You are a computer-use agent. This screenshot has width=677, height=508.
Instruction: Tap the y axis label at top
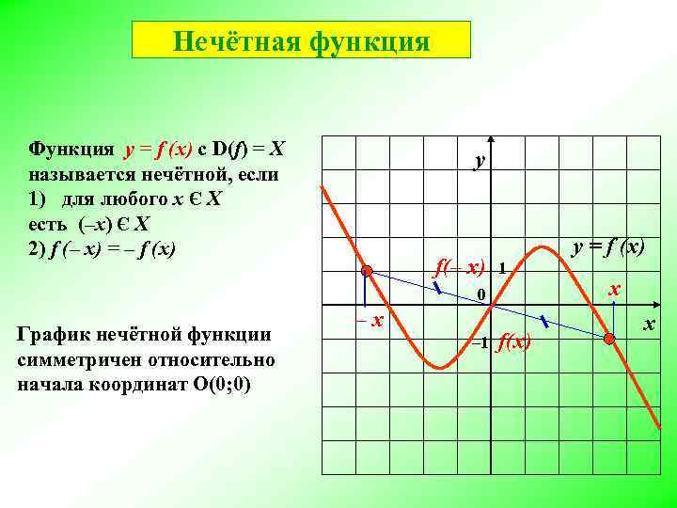pyautogui.click(x=480, y=161)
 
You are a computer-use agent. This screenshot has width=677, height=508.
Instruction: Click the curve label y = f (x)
pyautogui.click(x=609, y=248)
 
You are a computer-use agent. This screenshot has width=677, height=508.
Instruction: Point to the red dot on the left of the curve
pyautogui.click(x=368, y=272)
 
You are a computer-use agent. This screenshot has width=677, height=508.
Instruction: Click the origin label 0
pyautogui.click(x=480, y=296)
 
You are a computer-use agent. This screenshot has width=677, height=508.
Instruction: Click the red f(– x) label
pyautogui.click(x=459, y=267)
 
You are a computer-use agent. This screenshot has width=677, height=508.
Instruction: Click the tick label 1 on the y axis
pyautogui.click(x=503, y=267)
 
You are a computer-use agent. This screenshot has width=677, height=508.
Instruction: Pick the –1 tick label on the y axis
pyautogui.click(x=479, y=341)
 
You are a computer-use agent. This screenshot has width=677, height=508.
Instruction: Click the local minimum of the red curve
pyautogui.click(x=438, y=367)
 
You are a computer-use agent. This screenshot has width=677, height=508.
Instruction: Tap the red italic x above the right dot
pyautogui.click(x=613, y=291)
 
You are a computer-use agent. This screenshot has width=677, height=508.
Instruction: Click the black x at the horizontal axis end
pyautogui.click(x=648, y=325)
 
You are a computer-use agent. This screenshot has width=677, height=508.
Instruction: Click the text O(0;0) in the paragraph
pyautogui.click(x=213, y=385)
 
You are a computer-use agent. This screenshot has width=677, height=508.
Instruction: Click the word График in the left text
pyautogui.click(x=65, y=334)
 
